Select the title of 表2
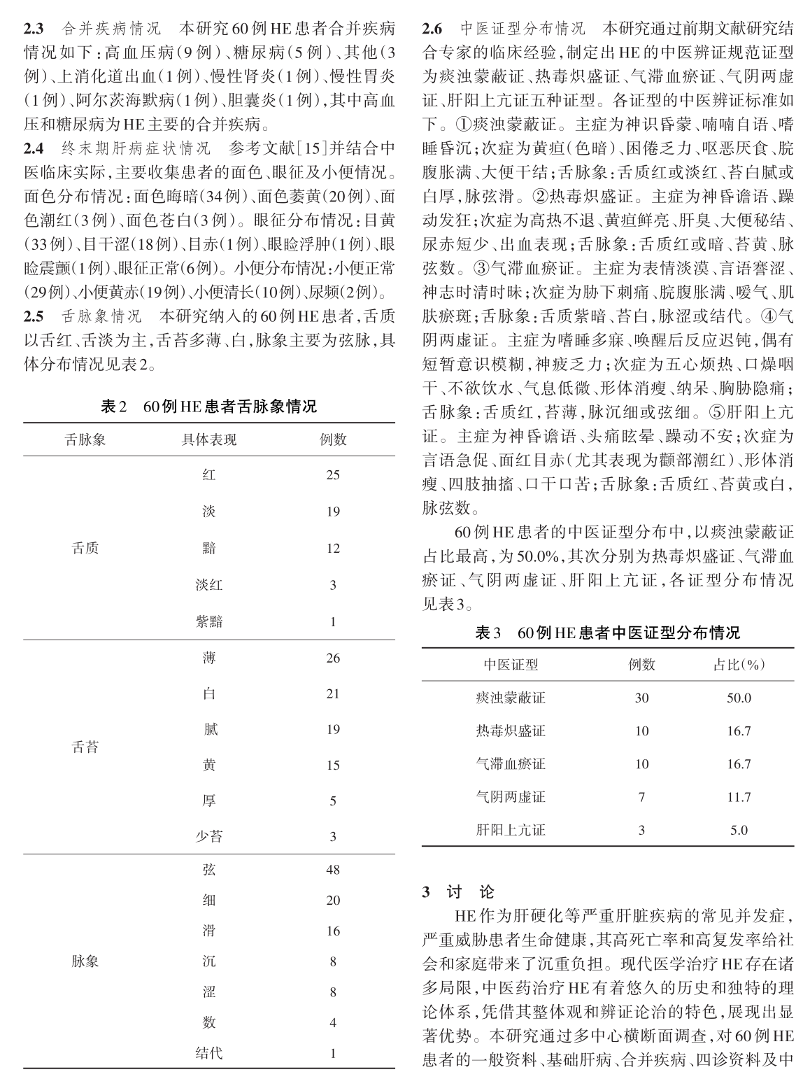pos(208,407)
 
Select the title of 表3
pos(607,633)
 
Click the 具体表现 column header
pos(208,439)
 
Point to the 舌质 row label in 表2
pos(85,548)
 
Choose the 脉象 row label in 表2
pos(85,961)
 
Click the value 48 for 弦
pos(333,870)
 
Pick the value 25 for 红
pos(333,475)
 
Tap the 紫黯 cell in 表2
pos(208,621)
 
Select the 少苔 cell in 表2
pos(208,836)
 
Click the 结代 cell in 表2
pos(208,1052)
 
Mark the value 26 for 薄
pos(333,658)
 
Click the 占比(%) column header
pos(738,665)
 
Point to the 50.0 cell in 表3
pos(739,698)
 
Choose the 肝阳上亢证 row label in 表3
pos(511,831)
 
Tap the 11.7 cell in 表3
pos(739,797)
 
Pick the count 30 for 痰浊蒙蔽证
pos(641,698)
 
